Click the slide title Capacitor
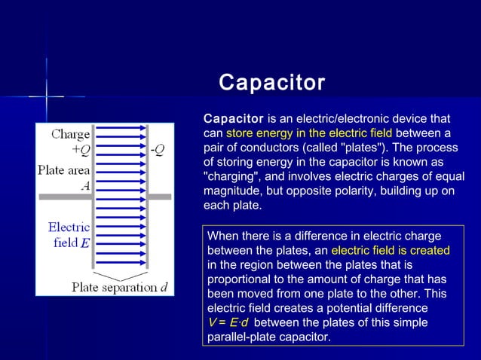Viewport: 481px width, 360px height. pyautogui.click(x=271, y=82)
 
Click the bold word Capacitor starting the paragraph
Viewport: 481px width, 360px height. pyautogui.click(x=234, y=119)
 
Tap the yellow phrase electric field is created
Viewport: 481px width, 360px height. pyautogui.click(x=390, y=250)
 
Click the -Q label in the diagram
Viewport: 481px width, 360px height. pyautogui.click(x=158, y=149)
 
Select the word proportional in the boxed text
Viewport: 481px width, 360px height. pyautogui.click(x=240, y=279)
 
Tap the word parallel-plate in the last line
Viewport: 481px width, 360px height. pyautogui.click(x=243, y=337)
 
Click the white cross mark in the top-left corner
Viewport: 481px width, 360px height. pyautogui.click(x=46, y=96)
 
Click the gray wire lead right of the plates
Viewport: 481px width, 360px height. pyautogui.click(x=161, y=197)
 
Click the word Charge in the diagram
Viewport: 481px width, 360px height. pyautogui.click(x=71, y=135)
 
